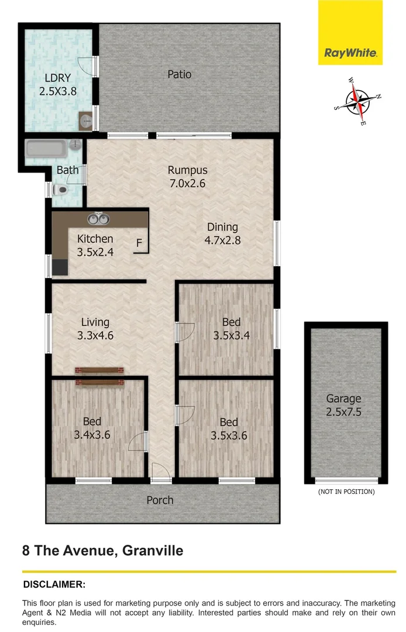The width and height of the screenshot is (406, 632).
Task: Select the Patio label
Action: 180,74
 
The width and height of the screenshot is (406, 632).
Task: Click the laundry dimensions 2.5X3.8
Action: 58,91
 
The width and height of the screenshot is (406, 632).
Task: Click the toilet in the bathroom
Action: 61,190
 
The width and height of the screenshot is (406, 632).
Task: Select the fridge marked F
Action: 140,242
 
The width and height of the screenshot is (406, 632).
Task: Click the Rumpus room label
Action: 187,170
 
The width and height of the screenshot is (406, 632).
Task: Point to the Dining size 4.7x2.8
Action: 222,239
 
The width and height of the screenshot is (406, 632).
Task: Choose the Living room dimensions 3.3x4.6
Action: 95,335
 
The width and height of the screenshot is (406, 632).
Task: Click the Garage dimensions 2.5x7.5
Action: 343,412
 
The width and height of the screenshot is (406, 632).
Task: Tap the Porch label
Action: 160,500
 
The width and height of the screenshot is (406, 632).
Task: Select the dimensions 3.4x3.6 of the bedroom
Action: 92,435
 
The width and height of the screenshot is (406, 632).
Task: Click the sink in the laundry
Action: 85,121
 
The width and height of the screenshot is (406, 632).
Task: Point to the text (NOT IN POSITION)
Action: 346,492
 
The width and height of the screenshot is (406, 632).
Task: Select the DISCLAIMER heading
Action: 54,584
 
